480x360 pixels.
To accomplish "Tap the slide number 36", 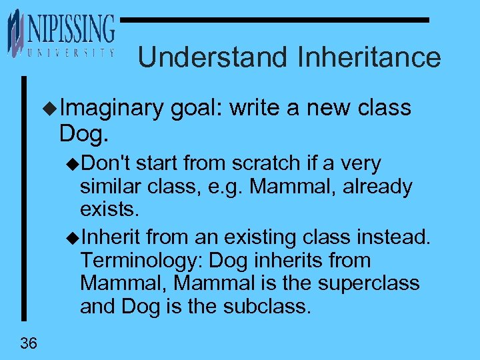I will pyautogui.click(x=29, y=343).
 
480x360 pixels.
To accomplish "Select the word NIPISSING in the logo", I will pyautogui.click(x=71, y=30).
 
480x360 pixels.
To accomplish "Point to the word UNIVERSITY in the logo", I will pyautogui.click(x=70, y=53).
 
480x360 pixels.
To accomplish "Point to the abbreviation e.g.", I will pyautogui.click(x=227, y=187).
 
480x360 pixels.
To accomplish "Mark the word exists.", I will pyautogui.click(x=110, y=211).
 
